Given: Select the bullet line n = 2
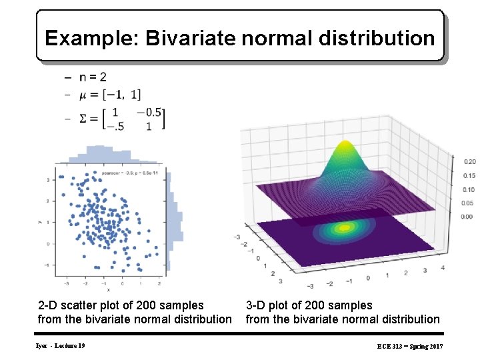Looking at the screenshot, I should point(90,77).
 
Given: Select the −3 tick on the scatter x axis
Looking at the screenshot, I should point(67,283).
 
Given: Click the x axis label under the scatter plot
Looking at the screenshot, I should point(109,290).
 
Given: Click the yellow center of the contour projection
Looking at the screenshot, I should point(344,228).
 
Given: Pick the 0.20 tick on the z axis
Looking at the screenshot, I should point(469,162).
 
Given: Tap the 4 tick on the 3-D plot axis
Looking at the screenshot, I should point(443,268).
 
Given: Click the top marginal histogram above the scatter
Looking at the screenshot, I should point(107,155).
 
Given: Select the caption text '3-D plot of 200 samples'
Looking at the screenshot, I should point(309,305).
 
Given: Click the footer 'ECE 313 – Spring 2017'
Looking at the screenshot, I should point(409,347).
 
